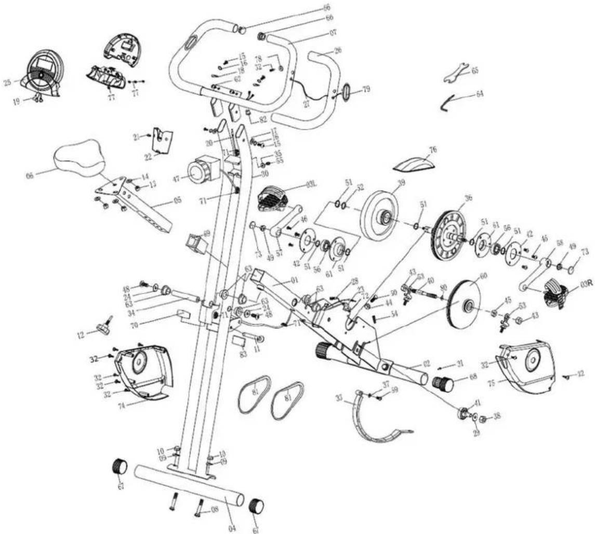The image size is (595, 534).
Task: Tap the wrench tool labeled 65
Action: point(456,73)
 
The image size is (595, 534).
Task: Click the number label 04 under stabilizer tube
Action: point(232,528)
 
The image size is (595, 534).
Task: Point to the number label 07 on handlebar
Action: point(333,32)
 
